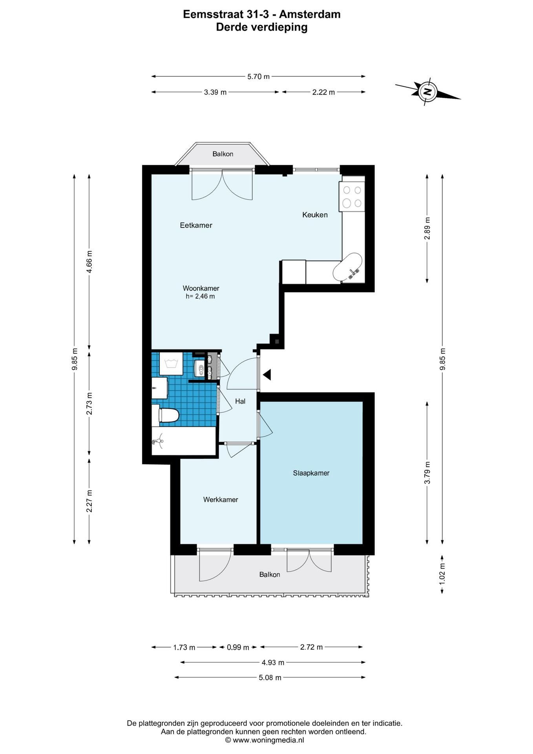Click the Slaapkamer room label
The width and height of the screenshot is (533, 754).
pos(311,473)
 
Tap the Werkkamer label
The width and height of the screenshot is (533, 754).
pos(221,500)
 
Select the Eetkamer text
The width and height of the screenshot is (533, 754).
pos(196,225)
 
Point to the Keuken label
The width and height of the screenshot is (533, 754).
pos(315,215)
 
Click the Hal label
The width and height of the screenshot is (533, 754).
pos(240,401)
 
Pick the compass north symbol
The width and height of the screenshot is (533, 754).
pos(427,92)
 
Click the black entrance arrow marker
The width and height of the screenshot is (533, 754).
pos(267,375)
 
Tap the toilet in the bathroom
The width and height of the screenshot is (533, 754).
pos(165,415)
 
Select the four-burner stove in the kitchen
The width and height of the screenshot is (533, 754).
pos(352,196)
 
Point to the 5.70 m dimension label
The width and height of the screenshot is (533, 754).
pos(258,77)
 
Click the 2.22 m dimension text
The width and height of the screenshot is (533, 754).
pos(323,92)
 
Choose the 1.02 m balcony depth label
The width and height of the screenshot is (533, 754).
pos(442,574)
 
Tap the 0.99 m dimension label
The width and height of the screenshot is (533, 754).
pos(238,648)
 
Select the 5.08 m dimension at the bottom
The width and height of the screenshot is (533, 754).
pos(270,677)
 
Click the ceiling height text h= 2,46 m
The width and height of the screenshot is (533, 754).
pos(200,296)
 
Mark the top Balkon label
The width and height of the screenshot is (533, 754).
pos(223,154)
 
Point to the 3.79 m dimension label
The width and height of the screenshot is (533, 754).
pos(427,473)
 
